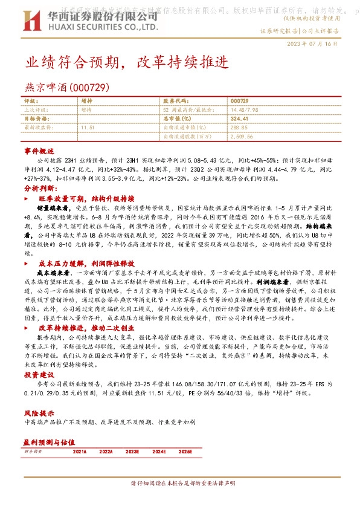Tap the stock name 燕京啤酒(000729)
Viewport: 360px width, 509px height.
[x=66, y=87]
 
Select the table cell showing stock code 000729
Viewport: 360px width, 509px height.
[x=239, y=101]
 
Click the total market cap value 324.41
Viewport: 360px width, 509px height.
[x=240, y=119]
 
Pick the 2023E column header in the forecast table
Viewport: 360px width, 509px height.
[x=132, y=451]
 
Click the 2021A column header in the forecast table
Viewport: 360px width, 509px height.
[x=80, y=451]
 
